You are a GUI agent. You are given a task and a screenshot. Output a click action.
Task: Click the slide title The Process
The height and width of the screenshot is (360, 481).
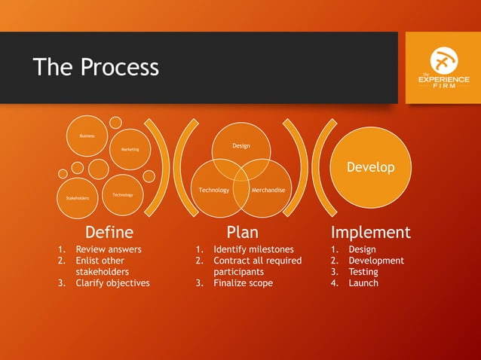coord(96,67)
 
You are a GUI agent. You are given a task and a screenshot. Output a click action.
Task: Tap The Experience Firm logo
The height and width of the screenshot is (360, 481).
coord(443,68)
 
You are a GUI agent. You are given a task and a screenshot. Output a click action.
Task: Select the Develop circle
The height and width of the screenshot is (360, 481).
coord(370,167)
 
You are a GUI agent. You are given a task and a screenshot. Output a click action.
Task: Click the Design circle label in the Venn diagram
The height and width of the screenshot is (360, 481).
coord(241,145)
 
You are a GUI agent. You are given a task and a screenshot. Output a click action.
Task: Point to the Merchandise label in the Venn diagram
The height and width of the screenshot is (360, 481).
coord(269,190)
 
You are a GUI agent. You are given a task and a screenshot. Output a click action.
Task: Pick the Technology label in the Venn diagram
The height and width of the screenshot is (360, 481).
coord(214,190)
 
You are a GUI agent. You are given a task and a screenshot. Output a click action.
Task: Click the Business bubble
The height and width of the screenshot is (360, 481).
coord(87,136)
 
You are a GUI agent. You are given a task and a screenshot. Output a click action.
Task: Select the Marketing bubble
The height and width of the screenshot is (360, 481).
coord(130,149)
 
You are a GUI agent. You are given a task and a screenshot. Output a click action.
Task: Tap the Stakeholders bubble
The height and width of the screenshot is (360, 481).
coord(78,198)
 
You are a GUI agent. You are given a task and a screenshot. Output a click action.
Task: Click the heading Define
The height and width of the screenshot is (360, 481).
coord(109,232)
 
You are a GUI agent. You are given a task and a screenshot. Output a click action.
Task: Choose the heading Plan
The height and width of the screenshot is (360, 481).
coord(242,232)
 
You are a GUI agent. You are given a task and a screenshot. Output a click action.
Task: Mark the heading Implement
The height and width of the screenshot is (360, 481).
coord(371,232)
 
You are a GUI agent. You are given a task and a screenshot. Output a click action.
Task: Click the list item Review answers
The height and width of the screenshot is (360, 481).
coord(109,249)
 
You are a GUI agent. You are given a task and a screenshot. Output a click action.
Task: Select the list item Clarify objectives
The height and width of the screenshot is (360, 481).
coord(112,283)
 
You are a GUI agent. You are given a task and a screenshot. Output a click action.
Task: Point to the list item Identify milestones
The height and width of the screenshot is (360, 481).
coord(253,249)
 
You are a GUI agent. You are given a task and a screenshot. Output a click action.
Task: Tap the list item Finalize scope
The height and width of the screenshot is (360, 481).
coord(243,283)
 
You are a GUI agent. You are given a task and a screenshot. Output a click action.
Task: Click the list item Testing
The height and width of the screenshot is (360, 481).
coord(363,272)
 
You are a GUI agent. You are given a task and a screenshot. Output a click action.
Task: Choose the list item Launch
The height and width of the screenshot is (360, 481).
coord(363,283)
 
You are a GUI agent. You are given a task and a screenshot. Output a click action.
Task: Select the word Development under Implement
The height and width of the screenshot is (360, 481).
coord(376,261)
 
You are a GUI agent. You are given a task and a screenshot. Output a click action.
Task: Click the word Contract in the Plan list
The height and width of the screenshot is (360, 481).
coord(232,261)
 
